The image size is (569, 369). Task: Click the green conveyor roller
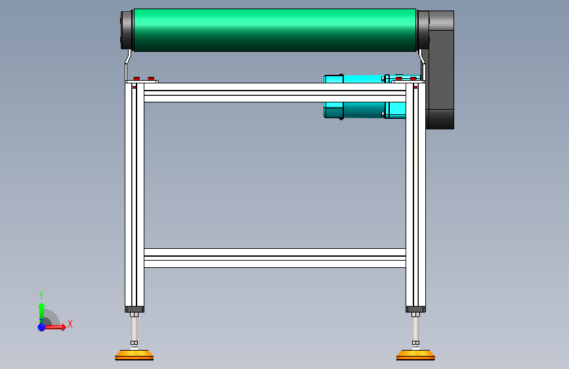275,30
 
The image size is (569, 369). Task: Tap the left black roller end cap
127,30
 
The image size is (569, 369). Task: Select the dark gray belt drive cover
440,70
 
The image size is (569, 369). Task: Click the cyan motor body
364,97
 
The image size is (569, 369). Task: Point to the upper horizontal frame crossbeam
275,93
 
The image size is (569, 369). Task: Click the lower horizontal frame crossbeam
275,258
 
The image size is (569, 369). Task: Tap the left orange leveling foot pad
135,355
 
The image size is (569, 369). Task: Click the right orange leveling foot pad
415,355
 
